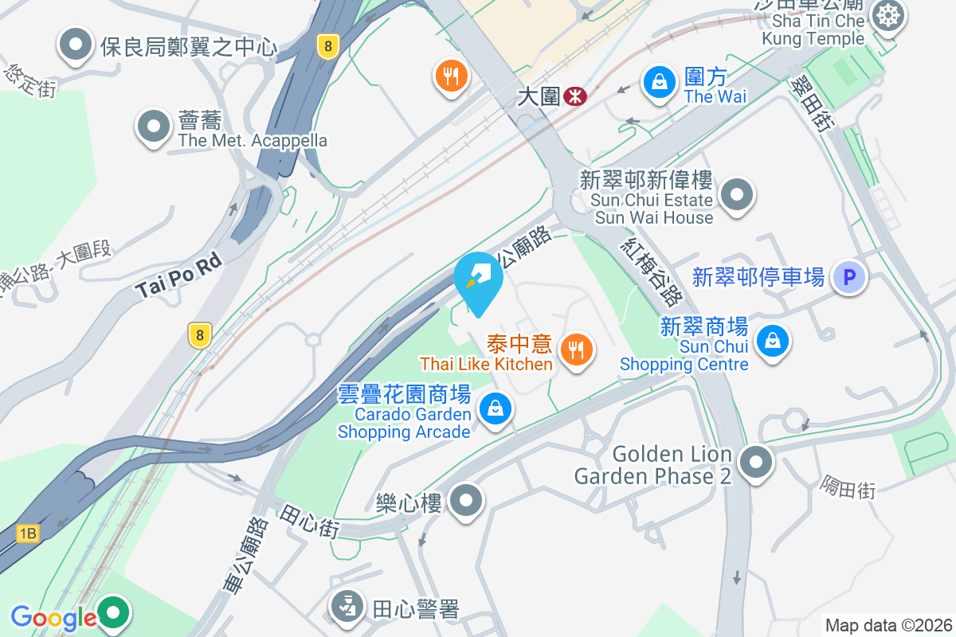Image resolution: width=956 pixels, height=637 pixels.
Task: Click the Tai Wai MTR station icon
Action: coord(574,96)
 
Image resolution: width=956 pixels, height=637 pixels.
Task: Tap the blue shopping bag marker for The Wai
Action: coord(660,80)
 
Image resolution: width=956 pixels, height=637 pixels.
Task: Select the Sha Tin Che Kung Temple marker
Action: coord(887,15)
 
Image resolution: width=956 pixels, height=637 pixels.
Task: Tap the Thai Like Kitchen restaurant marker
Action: coord(575,349)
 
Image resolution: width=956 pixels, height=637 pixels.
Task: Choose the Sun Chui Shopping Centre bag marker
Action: coord(771,341)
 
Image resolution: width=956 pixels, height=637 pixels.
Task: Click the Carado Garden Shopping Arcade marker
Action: coord(496,409)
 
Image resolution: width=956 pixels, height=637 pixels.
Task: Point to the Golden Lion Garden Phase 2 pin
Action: coord(755,462)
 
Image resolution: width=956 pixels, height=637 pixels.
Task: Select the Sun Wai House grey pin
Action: coord(737,195)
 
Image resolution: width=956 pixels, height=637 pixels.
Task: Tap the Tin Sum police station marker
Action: coord(347,607)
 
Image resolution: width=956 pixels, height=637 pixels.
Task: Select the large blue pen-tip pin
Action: coord(478,279)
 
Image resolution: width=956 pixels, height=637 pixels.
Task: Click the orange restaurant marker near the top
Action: coord(451,76)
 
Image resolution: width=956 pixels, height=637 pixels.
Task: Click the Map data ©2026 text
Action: coord(887,625)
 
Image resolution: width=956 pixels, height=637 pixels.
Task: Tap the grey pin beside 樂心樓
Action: coord(466,502)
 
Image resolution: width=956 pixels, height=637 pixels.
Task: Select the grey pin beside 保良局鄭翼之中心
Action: coord(76,45)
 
